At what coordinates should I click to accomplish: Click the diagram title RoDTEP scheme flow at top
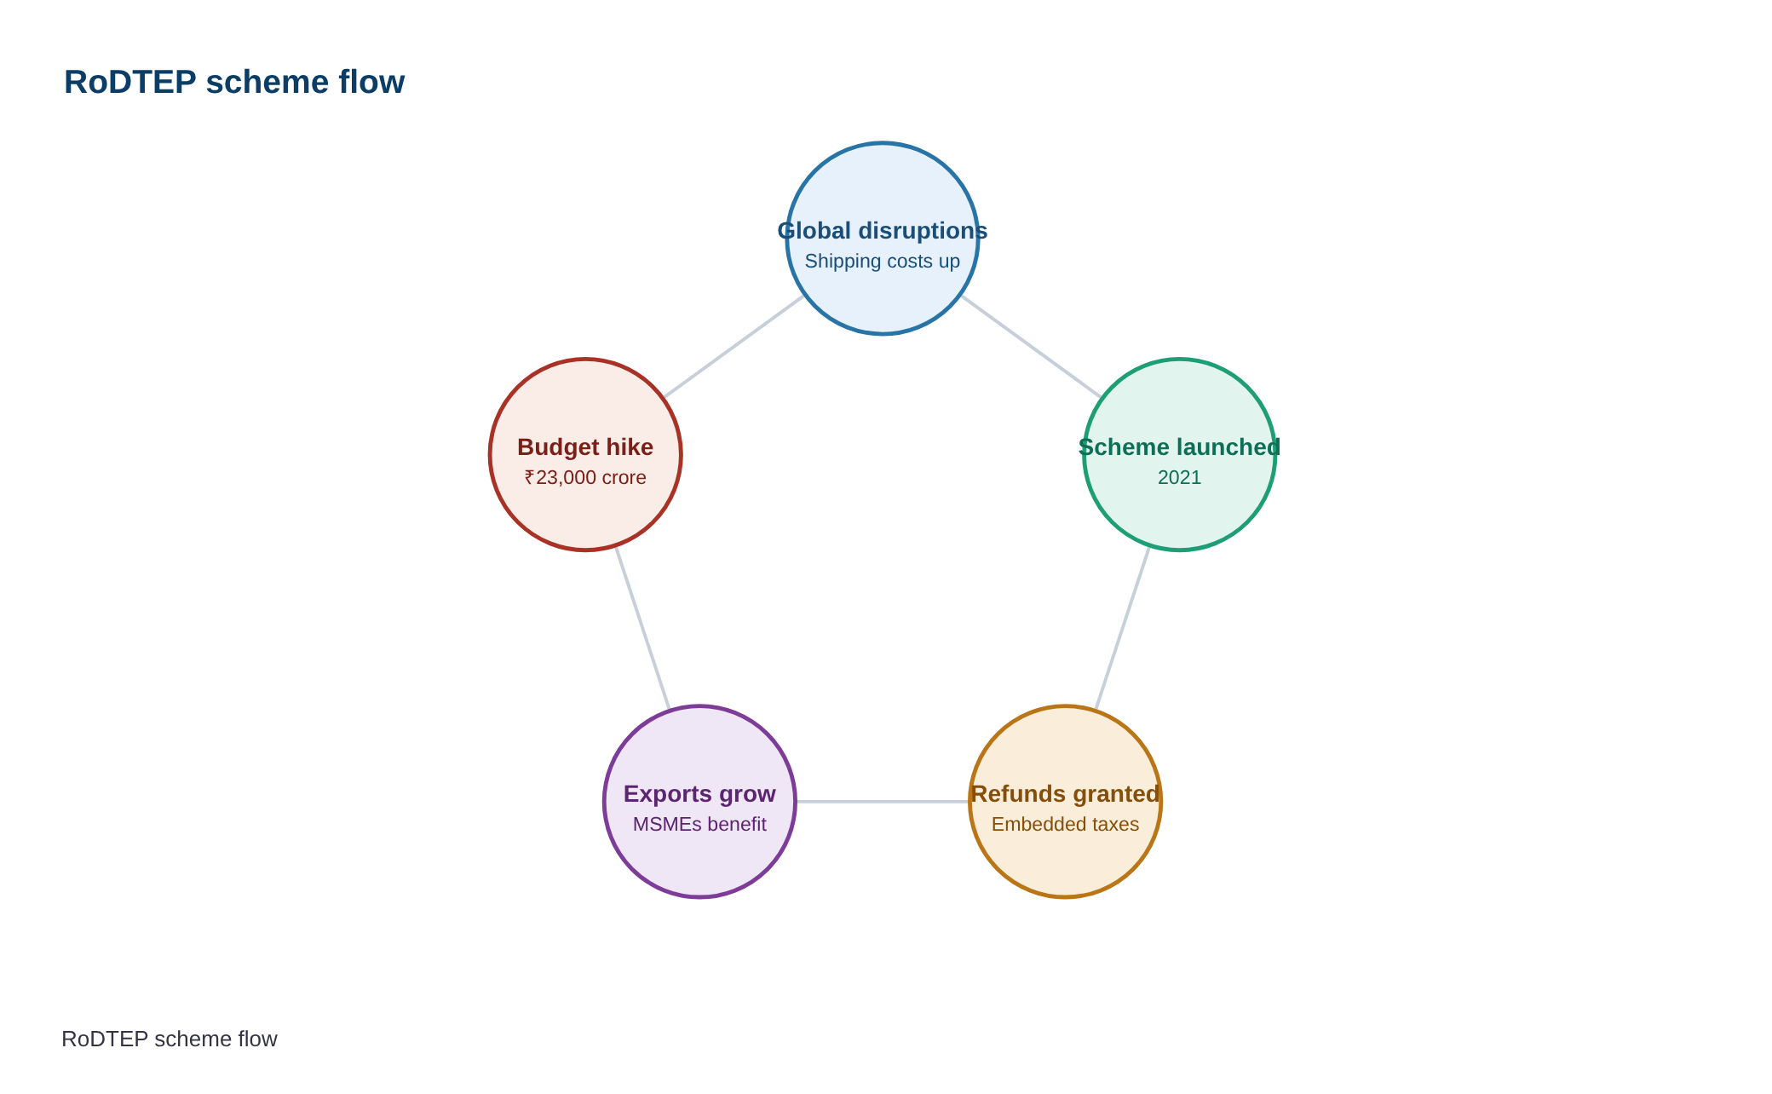234,82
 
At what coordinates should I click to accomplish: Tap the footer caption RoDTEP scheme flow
170,1039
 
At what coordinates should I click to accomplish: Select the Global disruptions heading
883,231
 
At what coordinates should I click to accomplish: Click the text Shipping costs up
883,262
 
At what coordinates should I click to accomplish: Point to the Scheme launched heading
1180,447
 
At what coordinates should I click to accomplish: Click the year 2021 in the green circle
1180,477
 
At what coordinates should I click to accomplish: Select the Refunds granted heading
1066,794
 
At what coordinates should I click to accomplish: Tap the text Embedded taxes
1066,824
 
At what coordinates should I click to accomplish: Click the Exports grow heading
699,794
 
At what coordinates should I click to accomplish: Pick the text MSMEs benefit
699,824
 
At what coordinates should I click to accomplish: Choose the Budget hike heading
585,447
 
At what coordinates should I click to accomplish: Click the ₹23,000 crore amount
585,477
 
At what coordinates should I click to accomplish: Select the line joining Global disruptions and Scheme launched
1031,347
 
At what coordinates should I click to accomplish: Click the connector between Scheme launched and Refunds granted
1123,628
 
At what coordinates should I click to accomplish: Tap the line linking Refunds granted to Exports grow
883,802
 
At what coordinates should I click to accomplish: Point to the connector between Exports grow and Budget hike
642,628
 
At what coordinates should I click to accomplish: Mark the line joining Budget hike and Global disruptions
734,347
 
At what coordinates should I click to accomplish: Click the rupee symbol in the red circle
530,477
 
